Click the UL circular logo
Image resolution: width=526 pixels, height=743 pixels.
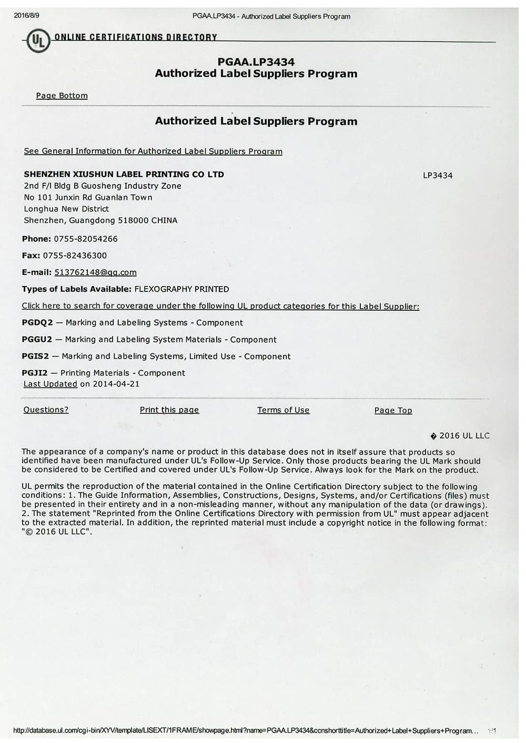[38, 41]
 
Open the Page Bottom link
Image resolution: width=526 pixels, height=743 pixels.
[62, 96]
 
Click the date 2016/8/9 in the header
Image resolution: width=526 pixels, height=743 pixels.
[26, 15]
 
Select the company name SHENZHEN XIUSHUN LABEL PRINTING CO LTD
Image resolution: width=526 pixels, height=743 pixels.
[124, 174]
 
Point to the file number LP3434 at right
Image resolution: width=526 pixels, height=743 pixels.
[437, 175]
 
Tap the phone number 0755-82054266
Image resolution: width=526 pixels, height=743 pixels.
[86, 239]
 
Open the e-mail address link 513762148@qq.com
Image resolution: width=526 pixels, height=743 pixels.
[95, 272]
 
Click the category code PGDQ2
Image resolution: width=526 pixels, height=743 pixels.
[37, 323]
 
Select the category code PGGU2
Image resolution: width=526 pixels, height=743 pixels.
[37, 340]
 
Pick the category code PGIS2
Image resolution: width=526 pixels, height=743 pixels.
[35, 357]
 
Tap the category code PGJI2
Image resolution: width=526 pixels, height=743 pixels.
[35, 373]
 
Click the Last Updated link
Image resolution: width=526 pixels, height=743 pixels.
[50, 384]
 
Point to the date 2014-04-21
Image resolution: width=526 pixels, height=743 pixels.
[116, 384]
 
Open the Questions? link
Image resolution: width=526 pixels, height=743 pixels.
[46, 410]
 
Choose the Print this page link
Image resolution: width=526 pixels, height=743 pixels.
[169, 410]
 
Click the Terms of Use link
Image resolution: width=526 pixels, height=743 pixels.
[283, 410]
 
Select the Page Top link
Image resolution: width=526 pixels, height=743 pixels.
[393, 411]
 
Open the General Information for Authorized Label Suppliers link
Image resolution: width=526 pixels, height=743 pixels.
[153, 151]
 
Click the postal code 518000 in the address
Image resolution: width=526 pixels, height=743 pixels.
[133, 220]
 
